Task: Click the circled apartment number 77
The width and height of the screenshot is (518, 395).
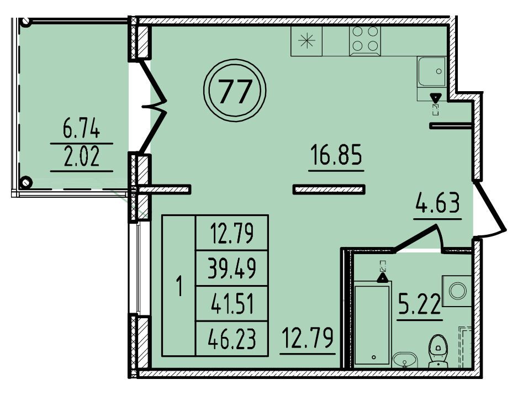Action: click(x=235, y=90)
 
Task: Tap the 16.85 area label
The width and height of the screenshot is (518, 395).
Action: click(x=336, y=155)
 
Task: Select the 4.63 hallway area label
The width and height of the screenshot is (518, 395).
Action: click(x=437, y=203)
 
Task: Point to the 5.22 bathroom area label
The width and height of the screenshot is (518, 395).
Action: click(x=420, y=304)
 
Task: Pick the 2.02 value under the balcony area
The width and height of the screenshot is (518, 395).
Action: click(x=81, y=157)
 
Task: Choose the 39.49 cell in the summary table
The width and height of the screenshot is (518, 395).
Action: click(x=232, y=268)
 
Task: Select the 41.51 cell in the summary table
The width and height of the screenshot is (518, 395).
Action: click(x=232, y=304)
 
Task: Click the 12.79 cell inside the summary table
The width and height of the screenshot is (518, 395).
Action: click(x=232, y=233)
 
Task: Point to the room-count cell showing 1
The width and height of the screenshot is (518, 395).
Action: click(x=179, y=286)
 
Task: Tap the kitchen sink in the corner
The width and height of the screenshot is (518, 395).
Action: click(x=432, y=71)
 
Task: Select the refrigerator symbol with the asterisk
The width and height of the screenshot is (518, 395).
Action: click(x=306, y=41)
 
